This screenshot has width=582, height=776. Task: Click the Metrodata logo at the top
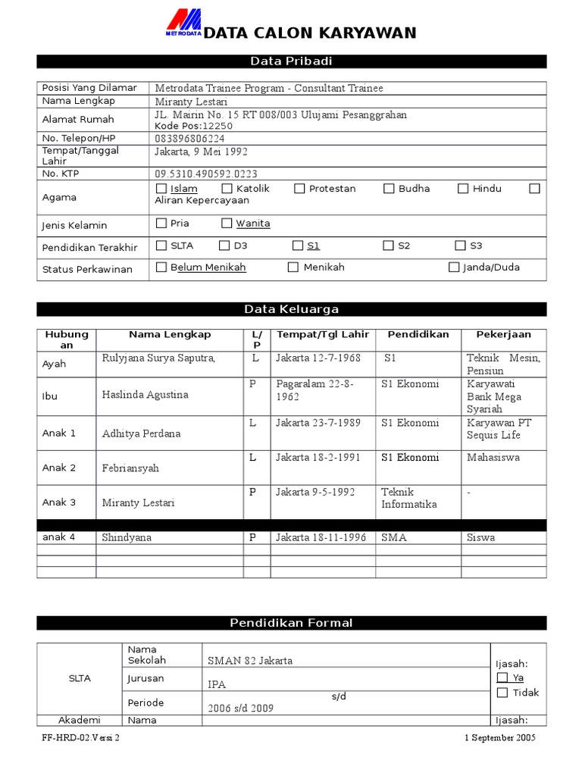point(184,23)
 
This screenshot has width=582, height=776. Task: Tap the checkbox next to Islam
point(161,189)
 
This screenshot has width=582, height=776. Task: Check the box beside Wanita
point(227,224)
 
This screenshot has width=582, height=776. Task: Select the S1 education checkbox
point(298,246)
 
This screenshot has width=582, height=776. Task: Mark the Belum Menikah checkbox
point(161,268)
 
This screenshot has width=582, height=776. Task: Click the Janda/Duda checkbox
point(454,268)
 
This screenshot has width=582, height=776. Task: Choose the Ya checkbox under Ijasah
point(502,677)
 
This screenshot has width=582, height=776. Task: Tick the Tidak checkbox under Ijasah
point(502,693)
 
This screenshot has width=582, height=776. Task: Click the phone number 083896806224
point(189,139)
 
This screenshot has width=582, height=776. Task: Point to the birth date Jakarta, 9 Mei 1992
point(201,152)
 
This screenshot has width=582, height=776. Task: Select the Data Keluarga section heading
point(291,309)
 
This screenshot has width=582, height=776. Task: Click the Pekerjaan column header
point(503,334)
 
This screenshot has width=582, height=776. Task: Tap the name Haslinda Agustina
point(145,395)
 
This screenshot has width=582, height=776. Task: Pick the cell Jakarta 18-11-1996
point(321,537)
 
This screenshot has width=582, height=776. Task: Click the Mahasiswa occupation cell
point(493,458)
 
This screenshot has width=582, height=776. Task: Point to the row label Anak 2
point(59,468)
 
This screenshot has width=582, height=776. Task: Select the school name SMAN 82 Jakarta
point(250,661)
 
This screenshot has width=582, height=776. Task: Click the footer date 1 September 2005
point(499,738)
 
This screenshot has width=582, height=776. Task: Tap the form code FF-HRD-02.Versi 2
point(81,738)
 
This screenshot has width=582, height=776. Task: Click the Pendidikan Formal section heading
point(291,623)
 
